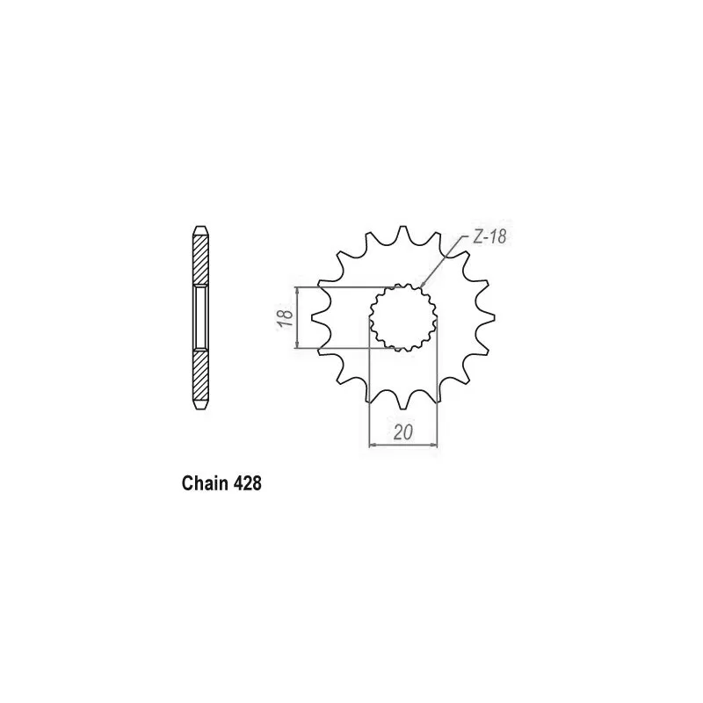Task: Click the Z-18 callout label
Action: click(489, 236)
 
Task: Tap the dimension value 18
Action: click(286, 318)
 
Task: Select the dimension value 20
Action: click(403, 432)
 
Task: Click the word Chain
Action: click(205, 483)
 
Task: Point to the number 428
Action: click(247, 483)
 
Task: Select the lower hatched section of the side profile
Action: click(201, 374)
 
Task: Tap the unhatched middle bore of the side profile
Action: click(201, 317)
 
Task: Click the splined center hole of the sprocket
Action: click(403, 317)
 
